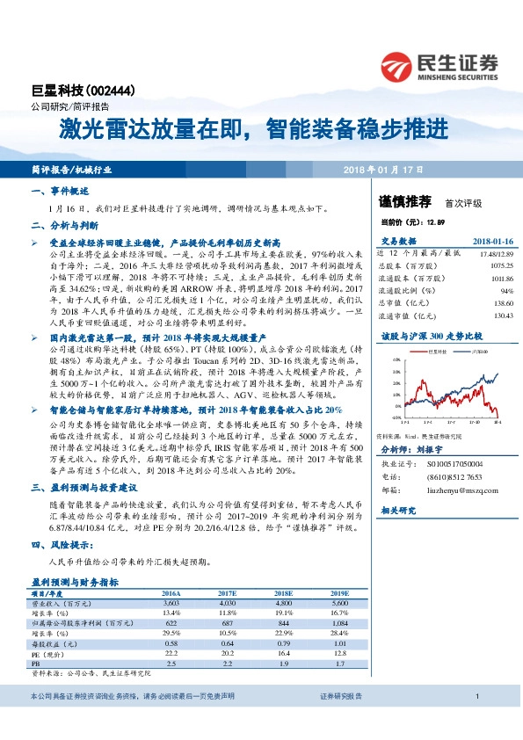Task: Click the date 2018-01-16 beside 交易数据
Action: [492, 240]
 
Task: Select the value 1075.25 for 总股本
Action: [498, 263]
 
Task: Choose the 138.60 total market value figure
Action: [501, 301]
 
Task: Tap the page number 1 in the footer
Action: [476, 696]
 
